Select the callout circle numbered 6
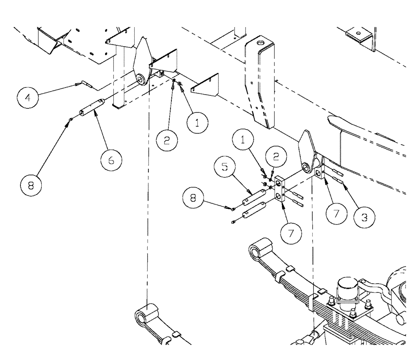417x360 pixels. pos(110,159)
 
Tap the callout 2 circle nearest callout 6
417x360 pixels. pos(167,141)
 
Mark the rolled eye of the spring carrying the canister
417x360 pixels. pos(259,250)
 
